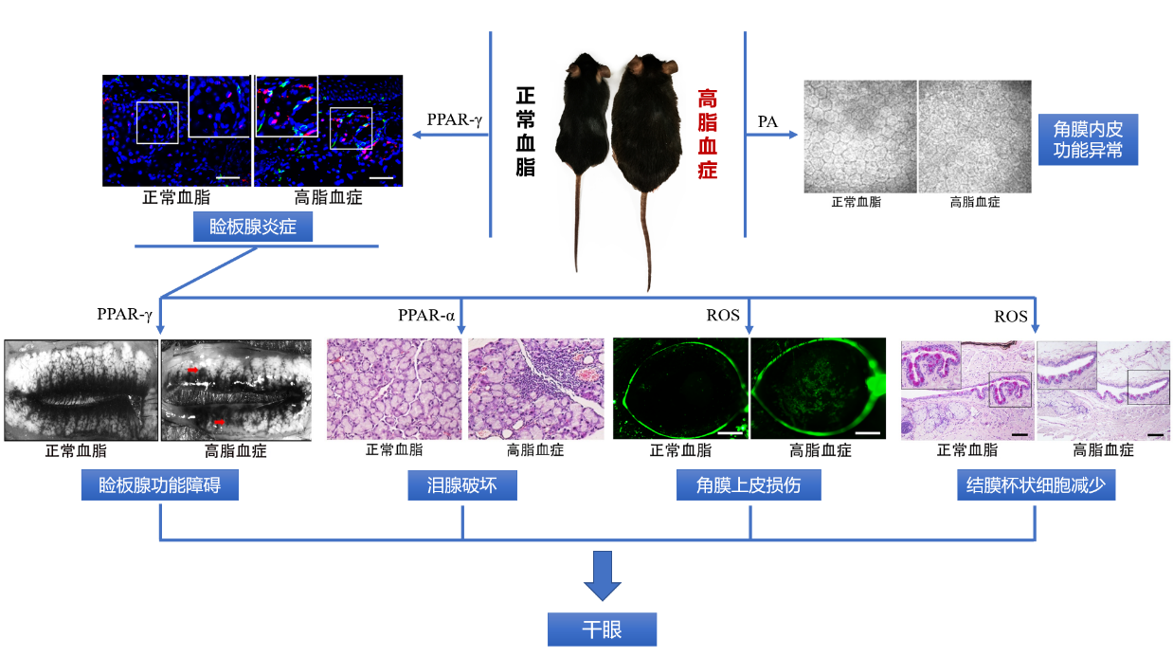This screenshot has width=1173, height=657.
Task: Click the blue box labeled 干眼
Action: click(x=602, y=630)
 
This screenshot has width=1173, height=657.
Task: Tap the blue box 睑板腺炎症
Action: click(x=253, y=228)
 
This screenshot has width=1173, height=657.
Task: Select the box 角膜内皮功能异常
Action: click(x=1088, y=139)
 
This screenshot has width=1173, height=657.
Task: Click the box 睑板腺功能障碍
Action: click(x=159, y=486)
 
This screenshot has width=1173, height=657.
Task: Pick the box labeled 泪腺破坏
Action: click(x=463, y=486)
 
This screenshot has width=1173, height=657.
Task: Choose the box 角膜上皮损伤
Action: click(x=749, y=486)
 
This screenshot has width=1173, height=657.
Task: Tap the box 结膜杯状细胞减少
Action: click(x=1036, y=486)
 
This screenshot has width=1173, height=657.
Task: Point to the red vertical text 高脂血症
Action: click(x=708, y=134)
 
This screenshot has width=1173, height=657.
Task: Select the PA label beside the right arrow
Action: click(x=768, y=120)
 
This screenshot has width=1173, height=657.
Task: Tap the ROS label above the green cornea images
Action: click(x=723, y=315)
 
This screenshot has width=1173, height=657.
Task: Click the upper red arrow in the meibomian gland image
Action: click(x=193, y=370)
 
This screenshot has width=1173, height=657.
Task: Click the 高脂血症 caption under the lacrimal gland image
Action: click(x=534, y=450)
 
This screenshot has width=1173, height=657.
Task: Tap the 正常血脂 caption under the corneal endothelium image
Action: click(x=856, y=202)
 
